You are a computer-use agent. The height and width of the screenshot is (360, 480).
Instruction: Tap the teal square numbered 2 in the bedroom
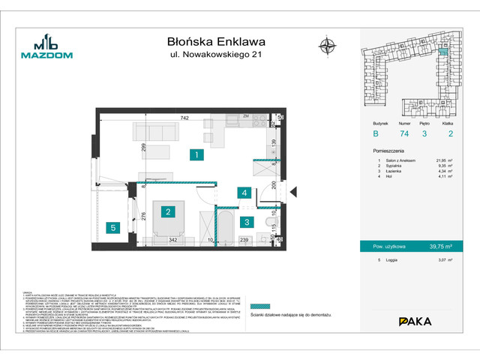point(169,212)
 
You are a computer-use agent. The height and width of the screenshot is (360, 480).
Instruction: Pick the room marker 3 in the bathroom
point(247,221)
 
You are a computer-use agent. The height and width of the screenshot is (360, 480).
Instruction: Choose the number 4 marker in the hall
point(245,193)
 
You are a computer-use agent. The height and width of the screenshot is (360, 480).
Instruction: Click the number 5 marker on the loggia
point(112,227)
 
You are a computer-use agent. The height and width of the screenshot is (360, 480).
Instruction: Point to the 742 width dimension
point(184,119)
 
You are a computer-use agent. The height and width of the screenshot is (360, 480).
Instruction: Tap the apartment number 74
point(404,133)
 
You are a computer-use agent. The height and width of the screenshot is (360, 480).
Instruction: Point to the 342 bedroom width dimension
point(172,239)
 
